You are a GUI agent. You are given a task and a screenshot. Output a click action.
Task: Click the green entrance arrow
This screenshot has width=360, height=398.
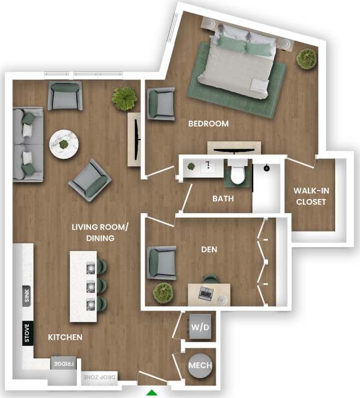click(x=152, y=393)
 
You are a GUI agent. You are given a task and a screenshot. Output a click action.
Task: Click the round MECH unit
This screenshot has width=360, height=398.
click(x=199, y=365)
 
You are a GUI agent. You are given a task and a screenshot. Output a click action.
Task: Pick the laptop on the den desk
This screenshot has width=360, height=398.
click(x=205, y=293)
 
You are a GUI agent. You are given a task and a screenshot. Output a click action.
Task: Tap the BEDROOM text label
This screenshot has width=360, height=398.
click(x=208, y=124)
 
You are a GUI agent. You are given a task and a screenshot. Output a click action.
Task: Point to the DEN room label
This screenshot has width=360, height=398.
click(x=209, y=249)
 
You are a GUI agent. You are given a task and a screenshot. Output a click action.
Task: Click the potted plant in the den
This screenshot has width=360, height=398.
click(x=163, y=292)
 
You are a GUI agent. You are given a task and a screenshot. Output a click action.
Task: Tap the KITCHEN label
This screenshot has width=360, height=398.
click(x=65, y=338)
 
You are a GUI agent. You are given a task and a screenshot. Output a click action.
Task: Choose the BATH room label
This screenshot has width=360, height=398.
click(x=223, y=199)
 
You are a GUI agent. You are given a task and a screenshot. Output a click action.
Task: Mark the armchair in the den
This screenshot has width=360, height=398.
click(x=161, y=262)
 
